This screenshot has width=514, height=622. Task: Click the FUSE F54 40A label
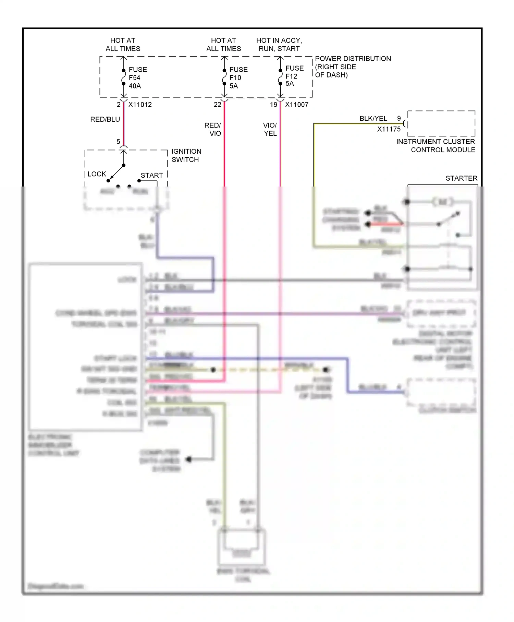[x=137, y=77]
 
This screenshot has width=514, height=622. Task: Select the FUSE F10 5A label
[x=238, y=77]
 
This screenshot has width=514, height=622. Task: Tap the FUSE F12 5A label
[x=294, y=76]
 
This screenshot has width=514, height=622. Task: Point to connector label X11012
[x=140, y=105]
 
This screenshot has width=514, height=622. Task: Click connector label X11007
[x=296, y=105]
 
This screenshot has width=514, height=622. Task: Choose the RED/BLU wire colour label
[x=105, y=119]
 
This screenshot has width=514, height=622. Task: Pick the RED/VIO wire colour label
[x=213, y=129]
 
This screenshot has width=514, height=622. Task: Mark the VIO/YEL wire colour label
[x=270, y=129]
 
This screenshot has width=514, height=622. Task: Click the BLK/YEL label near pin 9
[x=373, y=118]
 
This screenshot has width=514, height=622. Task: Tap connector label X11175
[x=389, y=129]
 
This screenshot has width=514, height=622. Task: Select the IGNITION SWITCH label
[x=186, y=155]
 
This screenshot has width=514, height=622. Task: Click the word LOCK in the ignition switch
[x=97, y=174]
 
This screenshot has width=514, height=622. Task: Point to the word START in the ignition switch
[x=151, y=175]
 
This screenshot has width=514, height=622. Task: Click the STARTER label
[x=461, y=178]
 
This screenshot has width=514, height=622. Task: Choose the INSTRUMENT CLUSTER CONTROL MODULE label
[x=436, y=146]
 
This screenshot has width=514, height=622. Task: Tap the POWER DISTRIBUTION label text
[x=353, y=59]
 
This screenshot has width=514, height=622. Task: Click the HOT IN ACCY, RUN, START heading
[x=279, y=45]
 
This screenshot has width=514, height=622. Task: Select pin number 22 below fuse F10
[x=217, y=105]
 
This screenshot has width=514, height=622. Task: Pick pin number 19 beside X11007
[x=273, y=105]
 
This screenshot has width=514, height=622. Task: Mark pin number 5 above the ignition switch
[x=118, y=142]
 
